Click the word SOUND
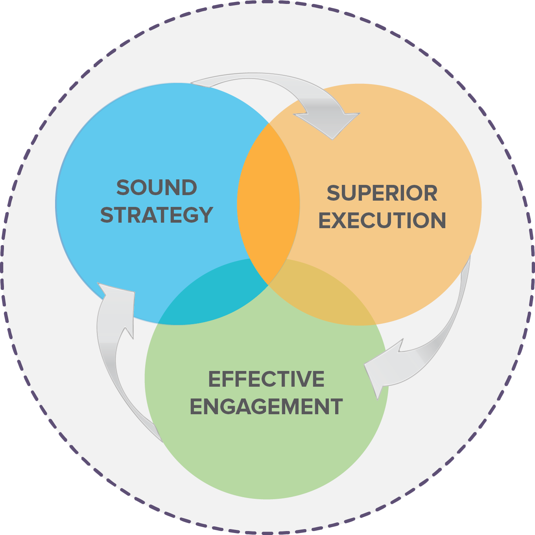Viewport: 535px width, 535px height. (x=157, y=188)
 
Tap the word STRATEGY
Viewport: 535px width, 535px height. (x=157, y=215)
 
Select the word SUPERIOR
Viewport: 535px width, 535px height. (x=382, y=193)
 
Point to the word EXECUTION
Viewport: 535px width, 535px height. (x=382, y=220)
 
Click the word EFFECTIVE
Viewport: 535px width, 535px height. (x=266, y=379)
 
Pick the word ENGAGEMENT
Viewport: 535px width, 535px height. (x=266, y=406)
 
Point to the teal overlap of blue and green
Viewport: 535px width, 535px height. (x=220, y=291)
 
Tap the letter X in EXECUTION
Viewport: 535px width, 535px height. (x=343, y=220)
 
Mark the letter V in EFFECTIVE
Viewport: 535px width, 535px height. (x=301, y=379)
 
